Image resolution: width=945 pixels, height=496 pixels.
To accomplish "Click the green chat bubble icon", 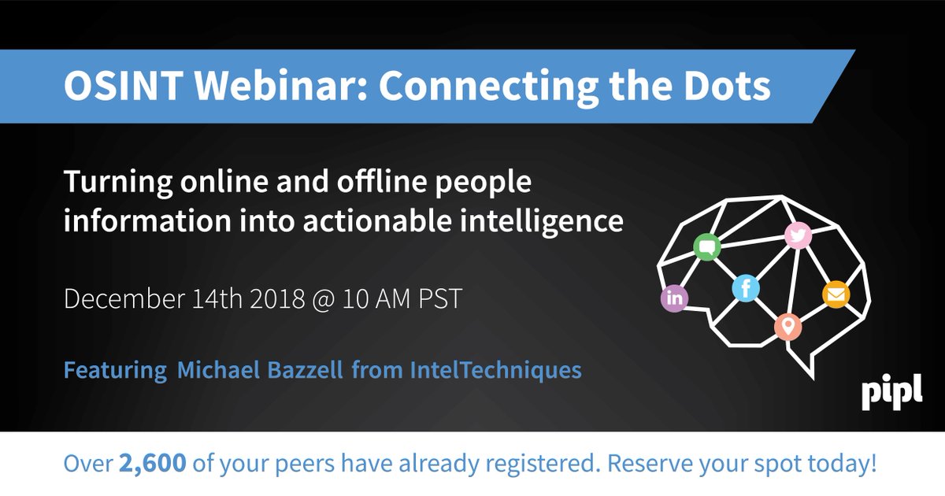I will (706, 248).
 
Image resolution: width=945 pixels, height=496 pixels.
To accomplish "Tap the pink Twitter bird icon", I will (798, 235).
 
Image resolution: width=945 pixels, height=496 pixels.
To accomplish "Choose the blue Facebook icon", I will (745, 288).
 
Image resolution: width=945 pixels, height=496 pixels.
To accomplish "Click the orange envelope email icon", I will (836, 294).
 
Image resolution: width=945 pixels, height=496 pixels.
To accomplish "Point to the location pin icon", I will (787, 325).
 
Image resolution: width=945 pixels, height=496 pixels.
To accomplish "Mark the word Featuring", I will (115, 369).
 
